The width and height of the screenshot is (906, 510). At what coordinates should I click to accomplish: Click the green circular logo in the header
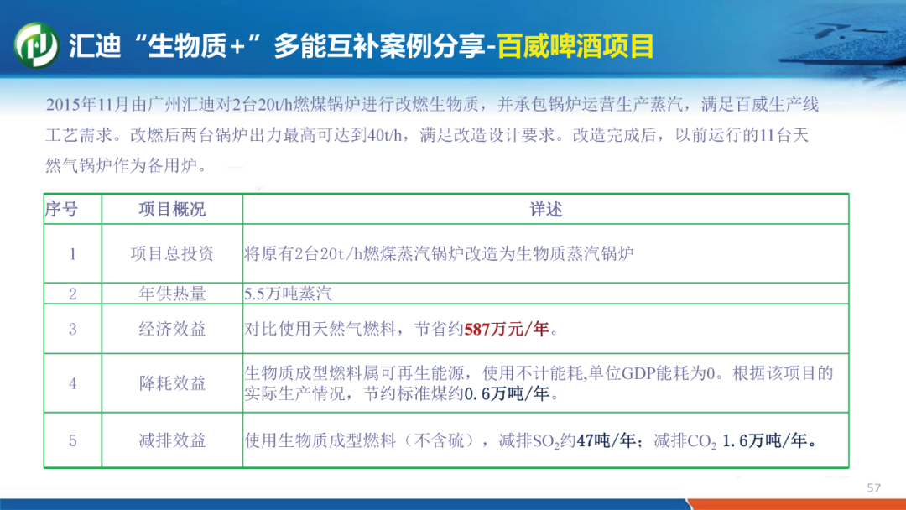point(36,45)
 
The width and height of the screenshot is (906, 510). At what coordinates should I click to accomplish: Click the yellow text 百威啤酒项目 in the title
point(575,46)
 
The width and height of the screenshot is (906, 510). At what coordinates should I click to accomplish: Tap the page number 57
point(873,488)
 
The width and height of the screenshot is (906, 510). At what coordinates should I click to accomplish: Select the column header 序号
point(61,209)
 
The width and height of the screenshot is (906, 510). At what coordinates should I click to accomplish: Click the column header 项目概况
point(172,209)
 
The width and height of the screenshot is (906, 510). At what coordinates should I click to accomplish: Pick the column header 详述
point(546,209)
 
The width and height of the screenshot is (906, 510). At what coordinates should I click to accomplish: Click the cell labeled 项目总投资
point(172,253)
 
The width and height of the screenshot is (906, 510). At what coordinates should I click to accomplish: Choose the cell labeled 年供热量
point(172,294)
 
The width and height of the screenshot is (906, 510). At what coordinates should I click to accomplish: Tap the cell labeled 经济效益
point(172,329)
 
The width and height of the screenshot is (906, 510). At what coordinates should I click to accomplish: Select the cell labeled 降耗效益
point(172,383)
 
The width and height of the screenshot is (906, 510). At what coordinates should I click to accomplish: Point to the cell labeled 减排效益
point(172,441)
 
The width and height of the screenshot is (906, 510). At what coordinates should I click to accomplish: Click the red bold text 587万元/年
point(507,329)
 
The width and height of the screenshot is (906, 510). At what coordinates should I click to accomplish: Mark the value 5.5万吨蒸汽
point(288,294)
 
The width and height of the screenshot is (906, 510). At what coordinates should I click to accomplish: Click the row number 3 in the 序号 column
point(73,329)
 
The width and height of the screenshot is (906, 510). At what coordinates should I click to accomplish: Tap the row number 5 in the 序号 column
point(73,441)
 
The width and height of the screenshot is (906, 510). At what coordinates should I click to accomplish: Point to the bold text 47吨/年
point(607,441)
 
